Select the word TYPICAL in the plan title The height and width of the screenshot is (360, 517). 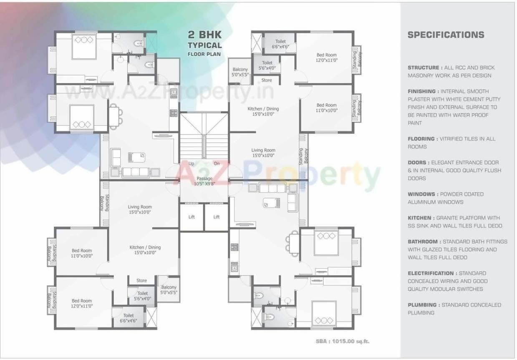click(204, 45)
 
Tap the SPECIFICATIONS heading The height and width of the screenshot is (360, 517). click(446, 35)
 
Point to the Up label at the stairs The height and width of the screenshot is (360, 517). click(192, 164)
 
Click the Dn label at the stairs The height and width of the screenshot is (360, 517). click(217, 164)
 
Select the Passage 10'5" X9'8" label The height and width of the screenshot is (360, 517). click(204, 181)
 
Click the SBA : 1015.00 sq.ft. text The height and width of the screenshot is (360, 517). click(342, 341)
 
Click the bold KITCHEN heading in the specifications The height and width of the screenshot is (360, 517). click(420, 218)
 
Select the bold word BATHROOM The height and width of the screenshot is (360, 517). click(423, 242)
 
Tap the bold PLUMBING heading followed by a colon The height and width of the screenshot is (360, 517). click(422, 305)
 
